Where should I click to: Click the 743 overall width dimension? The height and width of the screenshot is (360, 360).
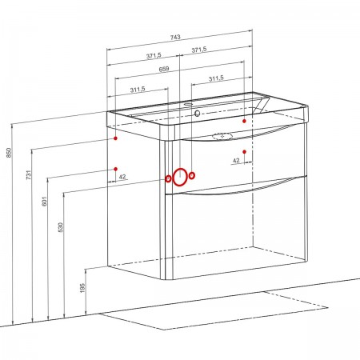pyautogui.click(x=175, y=38)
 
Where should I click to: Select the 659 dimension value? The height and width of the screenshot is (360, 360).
pyautogui.click(x=164, y=69)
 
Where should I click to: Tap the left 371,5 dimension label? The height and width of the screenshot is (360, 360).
pyautogui.click(x=154, y=56)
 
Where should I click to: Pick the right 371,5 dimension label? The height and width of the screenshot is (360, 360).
pyautogui.click(x=199, y=50)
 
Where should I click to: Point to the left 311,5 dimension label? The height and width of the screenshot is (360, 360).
pyautogui.click(x=138, y=90)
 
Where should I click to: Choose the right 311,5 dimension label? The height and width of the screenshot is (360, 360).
pyautogui.click(x=216, y=78)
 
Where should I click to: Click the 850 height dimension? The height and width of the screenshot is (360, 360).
pyautogui.click(x=10, y=153)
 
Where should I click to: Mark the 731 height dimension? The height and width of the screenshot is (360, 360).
pyautogui.click(x=29, y=174)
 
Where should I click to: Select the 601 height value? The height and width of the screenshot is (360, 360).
pyautogui.click(x=44, y=201)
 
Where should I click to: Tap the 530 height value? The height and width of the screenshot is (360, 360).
pyautogui.click(x=61, y=227)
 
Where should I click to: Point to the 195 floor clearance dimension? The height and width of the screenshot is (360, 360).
pyautogui.click(x=82, y=288)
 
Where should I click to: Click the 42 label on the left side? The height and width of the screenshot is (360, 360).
pyautogui.click(x=122, y=177)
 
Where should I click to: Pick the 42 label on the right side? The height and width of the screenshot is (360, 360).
pyautogui.click(x=236, y=161)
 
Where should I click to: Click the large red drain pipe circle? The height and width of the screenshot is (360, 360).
pyautogui.click(x=174, y=178)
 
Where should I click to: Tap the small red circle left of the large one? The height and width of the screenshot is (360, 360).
pyautogui.click(x=168, y=179)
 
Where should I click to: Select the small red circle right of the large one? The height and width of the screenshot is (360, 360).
pyautogui.click(x=192, y=175)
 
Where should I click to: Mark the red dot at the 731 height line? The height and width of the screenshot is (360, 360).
pyautogui.click(x=115, y=138)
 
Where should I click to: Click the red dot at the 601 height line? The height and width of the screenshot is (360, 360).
pyautogui.click(x=116, y=169)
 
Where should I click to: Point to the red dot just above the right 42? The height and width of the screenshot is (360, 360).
pyautogui.click(x=244, y=152)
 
